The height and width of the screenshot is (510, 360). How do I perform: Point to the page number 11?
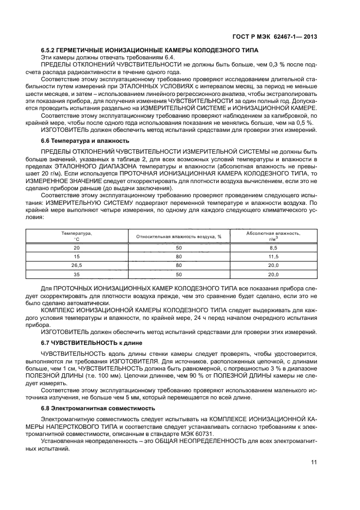(x=314, y=462)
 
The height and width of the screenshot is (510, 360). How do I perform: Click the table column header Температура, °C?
(x=77, y=236)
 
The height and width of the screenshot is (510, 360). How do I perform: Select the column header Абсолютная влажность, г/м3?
(x=273, y=236)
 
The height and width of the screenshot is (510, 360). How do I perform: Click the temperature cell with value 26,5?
(x=77, y=265)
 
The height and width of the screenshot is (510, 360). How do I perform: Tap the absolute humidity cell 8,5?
(x=273, y=247)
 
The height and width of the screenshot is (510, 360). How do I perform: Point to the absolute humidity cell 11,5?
(x=273, y=256)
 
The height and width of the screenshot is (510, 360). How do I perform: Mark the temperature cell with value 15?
(x=77, y=256)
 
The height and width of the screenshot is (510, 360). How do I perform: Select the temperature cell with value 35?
(x=77, y=275)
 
